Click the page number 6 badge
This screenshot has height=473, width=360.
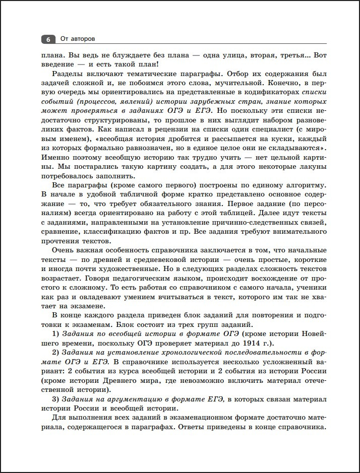point(48,39)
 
